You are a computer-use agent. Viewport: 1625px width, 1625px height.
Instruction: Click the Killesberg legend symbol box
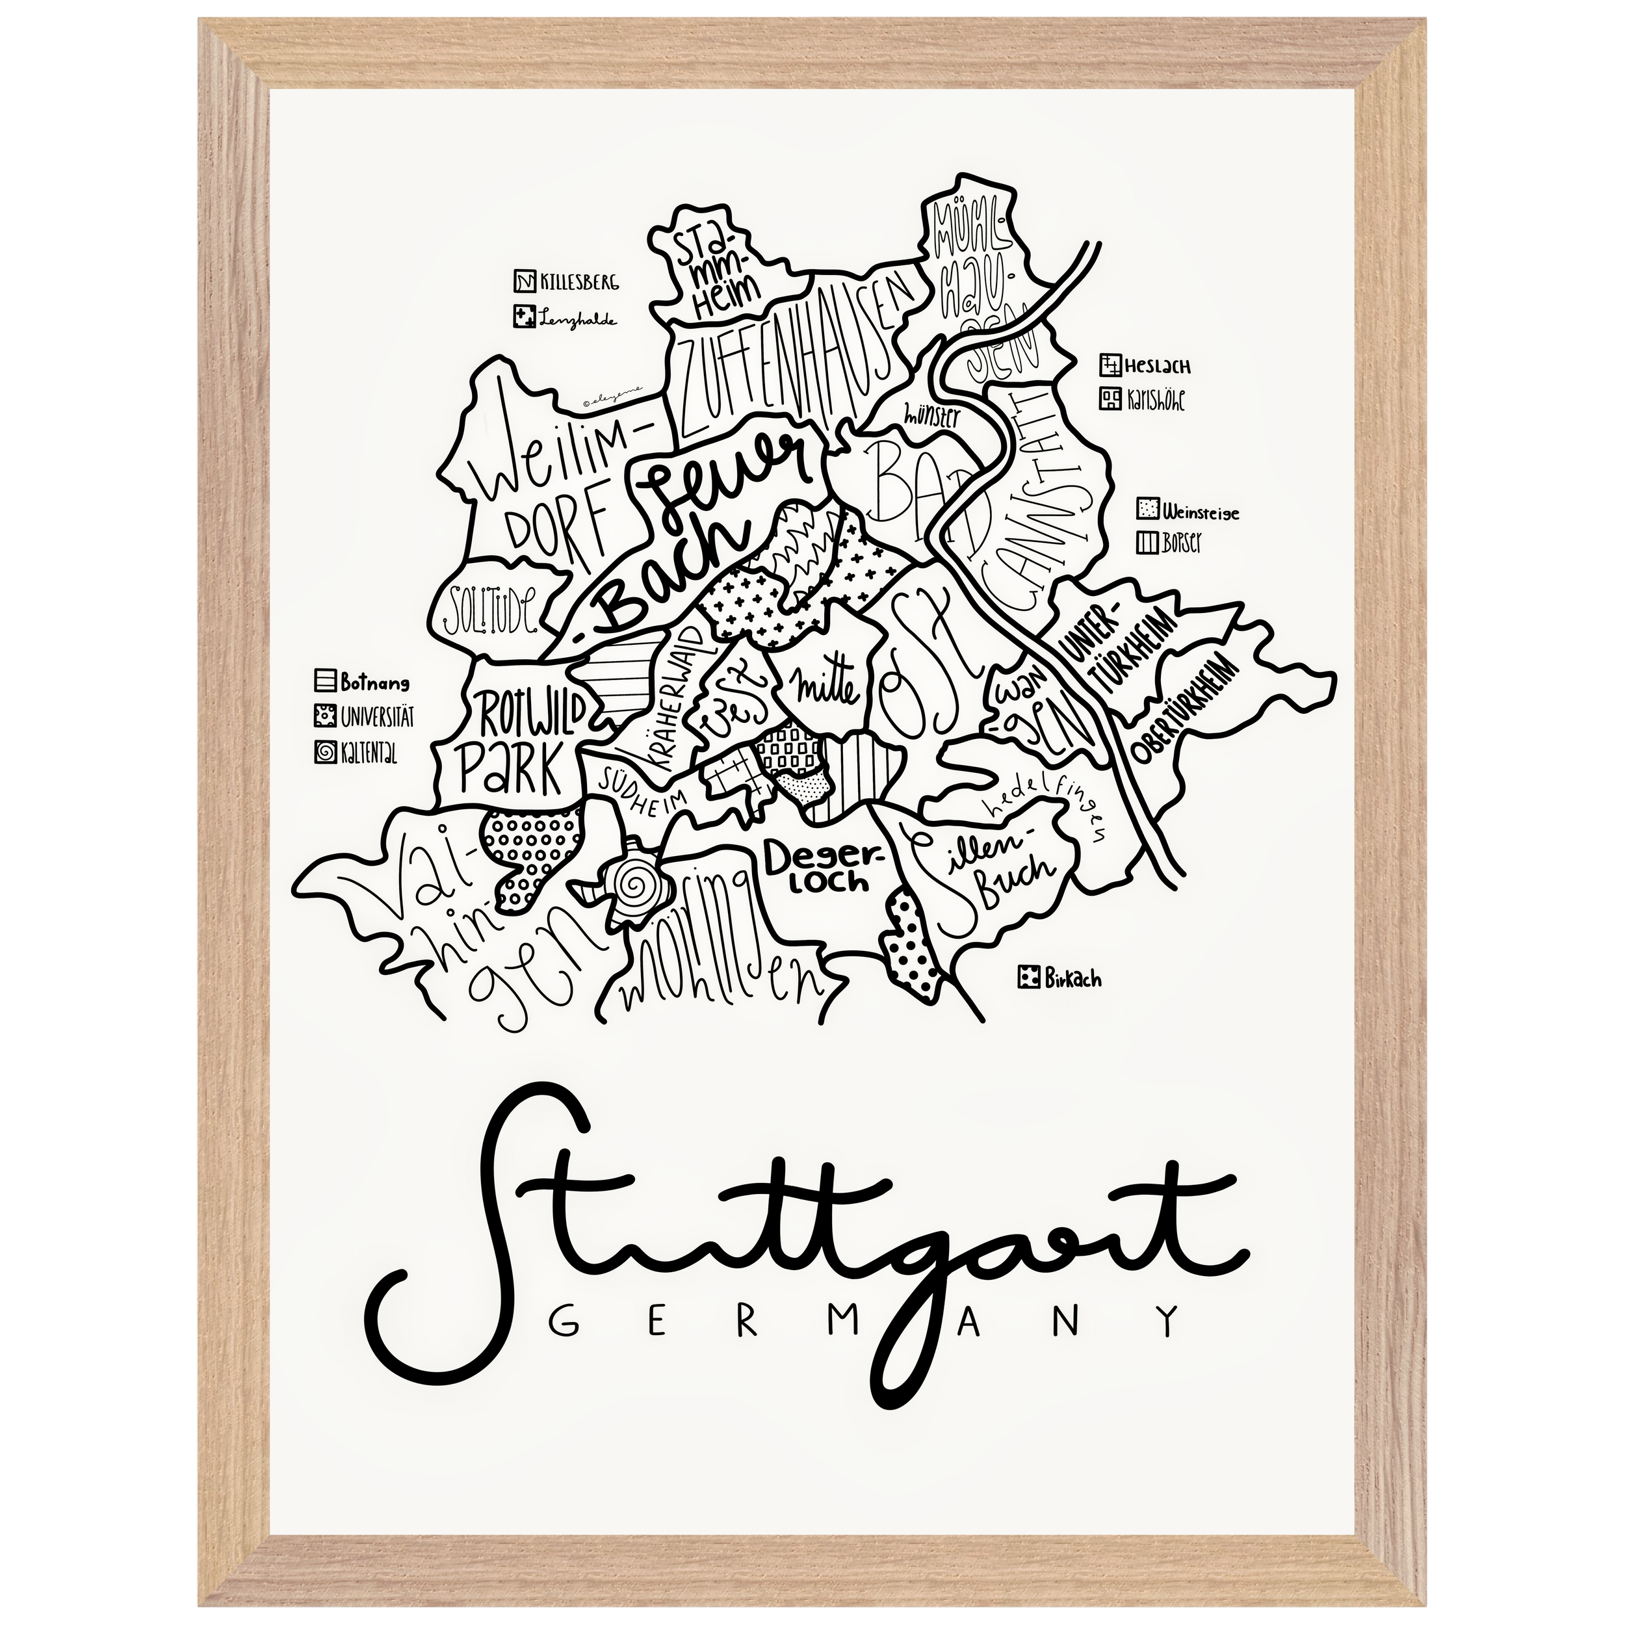[x=524, y=281]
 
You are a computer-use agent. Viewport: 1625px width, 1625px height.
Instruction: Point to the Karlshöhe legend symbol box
[x=1110, y=398]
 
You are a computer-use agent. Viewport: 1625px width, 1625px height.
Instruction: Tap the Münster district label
[x=931, y=415]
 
